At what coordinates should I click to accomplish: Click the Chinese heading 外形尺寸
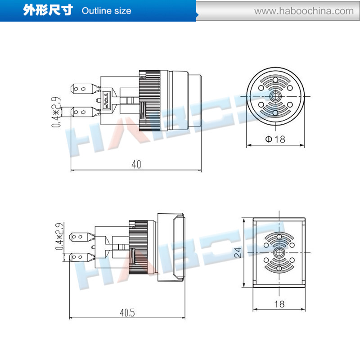[48, 10]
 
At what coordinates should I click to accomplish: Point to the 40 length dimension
[136, 165]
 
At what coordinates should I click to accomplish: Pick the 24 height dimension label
[238, 253]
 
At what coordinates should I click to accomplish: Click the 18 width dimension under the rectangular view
[279, 304]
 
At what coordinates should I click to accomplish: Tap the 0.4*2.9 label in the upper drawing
[56, 110]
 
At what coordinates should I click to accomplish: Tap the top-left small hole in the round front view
[261, 89]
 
